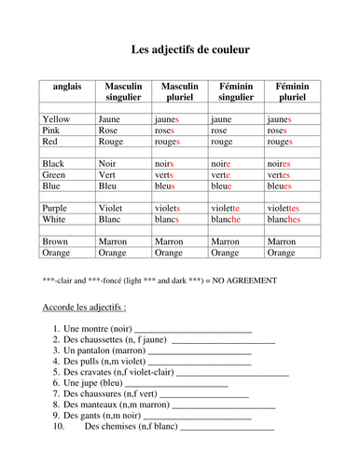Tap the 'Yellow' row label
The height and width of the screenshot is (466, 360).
click(56, 119)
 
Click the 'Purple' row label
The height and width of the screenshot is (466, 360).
click(55, 209)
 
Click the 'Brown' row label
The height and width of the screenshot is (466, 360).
click(56, 241)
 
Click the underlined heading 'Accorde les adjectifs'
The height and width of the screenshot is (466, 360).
click(84, 307)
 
